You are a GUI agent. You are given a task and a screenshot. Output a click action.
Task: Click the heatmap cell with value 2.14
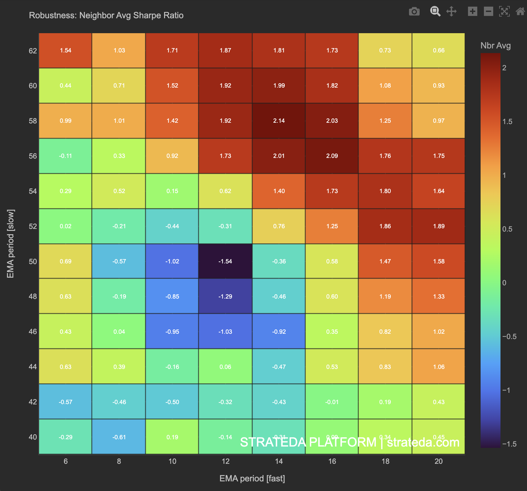(279, 121)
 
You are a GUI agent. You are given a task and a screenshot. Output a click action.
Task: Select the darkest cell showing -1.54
(225, 261)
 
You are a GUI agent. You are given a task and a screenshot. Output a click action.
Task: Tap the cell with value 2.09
(332, 156)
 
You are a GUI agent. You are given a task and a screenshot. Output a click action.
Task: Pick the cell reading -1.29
(225, 296)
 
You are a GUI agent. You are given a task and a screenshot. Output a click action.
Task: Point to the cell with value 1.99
(279, 86)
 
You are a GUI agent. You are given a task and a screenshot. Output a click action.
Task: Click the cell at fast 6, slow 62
(65, 50)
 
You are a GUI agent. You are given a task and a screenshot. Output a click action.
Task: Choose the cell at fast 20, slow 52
(439, 226)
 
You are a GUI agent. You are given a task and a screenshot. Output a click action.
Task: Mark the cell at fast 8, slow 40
(119, 437)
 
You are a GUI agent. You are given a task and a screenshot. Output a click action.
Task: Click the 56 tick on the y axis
(33, 156)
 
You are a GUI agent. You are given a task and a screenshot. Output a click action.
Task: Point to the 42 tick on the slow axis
(33, 402)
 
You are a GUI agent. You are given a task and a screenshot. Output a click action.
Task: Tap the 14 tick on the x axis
(279, 461)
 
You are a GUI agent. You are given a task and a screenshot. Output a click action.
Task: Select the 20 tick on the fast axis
(439, 461)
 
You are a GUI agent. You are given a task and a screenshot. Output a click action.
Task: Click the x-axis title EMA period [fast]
(252, 478)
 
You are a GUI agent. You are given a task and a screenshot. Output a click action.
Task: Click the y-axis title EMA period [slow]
(11, 244)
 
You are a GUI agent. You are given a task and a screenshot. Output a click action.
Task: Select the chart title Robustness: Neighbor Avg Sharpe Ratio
(106, 15)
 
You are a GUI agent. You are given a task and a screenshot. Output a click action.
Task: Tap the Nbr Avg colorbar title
(496, 45)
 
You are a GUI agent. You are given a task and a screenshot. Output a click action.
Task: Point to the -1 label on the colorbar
(507, 390)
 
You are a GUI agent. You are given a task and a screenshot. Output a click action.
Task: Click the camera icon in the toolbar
(414, 12)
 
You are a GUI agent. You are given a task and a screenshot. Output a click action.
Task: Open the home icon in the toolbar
(520, 12)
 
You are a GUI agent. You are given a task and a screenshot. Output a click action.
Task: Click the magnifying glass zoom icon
(435, 12)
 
